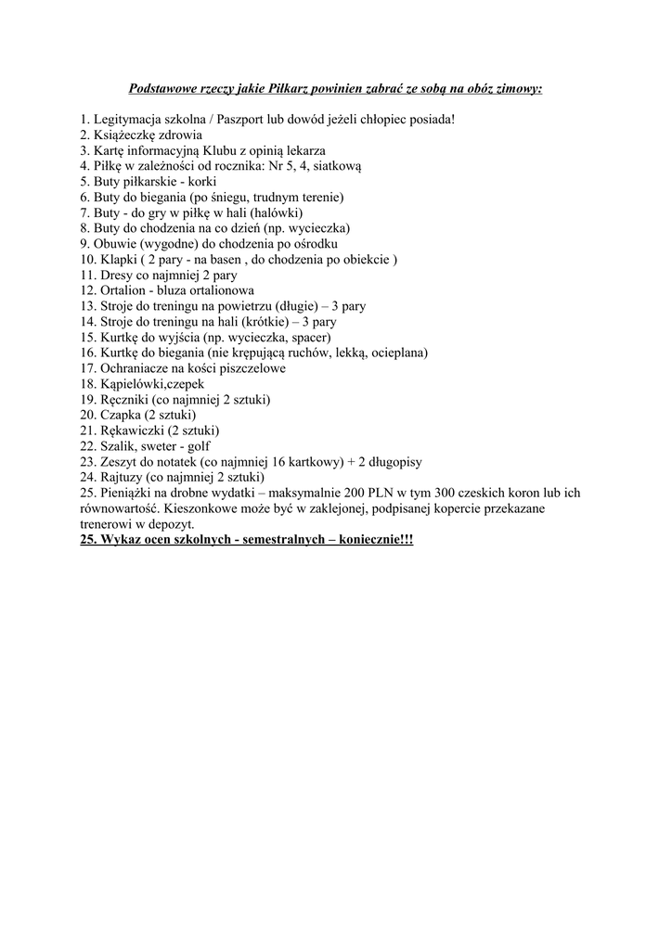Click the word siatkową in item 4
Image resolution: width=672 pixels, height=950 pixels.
(337, 166)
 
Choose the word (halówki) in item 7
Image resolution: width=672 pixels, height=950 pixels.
(271, 212)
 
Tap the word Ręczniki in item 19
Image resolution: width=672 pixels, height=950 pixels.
(125, 400)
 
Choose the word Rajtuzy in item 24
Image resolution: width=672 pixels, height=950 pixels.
(122, 478)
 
